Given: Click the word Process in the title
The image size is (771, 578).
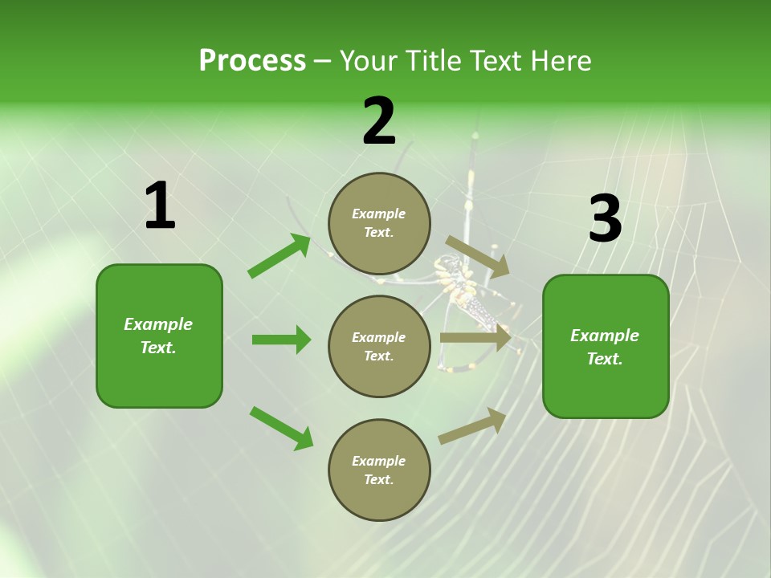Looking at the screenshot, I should [x=252, y=61].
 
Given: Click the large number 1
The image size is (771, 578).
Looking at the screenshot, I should [x=160, y=206].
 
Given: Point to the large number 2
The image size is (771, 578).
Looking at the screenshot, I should [x=379, y=122].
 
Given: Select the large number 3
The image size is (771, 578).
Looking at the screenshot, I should [x=605, y=218].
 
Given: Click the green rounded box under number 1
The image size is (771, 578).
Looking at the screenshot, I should [x=159, y=336].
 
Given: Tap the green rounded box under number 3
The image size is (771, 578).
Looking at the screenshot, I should [x=605, y=347].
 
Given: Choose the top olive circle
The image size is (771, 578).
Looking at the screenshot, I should [x=379, y=223].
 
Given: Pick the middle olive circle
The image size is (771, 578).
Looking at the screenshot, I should [x=379, y=347].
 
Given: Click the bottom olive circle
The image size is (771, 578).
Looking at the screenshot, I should [x=379, y=470].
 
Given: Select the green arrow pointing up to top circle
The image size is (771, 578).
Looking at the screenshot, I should [x=279, y=256].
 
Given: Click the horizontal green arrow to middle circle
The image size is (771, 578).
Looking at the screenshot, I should [x=281, y=340].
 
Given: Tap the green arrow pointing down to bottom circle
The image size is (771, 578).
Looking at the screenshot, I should [x=281, y=428].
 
